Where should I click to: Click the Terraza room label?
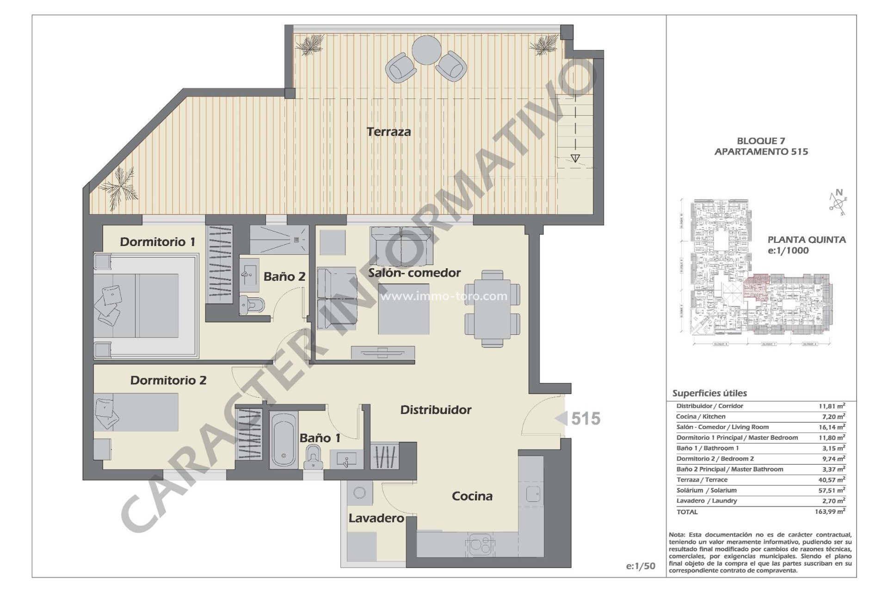(388, 132)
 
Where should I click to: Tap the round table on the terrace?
(426, 50)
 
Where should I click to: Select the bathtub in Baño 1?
(284, 440)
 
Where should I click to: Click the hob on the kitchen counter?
(480, 544)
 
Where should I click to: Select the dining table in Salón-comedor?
(492, 308)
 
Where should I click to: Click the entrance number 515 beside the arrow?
(586, 419)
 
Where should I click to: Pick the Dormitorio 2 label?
(168, 380)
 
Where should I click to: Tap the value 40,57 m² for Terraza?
(832, 480)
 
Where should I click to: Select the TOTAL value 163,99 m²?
(830, 512)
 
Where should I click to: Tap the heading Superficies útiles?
(709, 394)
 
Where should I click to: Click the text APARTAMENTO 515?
(761, 152)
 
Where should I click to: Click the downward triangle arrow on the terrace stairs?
(575, 158)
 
